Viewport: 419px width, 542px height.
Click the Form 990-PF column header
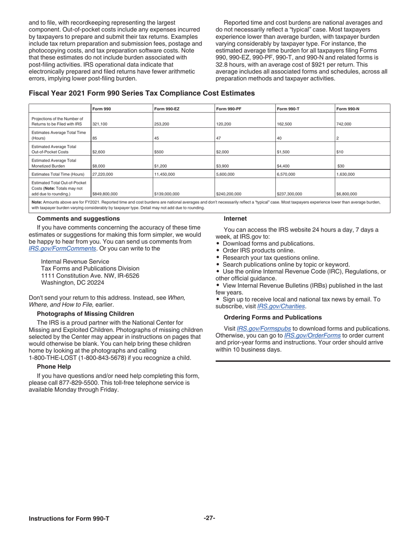click(228, 108)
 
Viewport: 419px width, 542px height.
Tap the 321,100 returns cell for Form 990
click(100, 124)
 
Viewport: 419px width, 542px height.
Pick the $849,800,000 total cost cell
click(105, 193)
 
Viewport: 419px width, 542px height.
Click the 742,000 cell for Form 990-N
click(344, 124)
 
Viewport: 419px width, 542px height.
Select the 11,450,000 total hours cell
click(165, 174)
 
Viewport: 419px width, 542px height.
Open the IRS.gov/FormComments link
click(62, 248)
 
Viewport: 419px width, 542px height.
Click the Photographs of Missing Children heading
click(86, 314)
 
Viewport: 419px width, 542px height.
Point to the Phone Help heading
click(54, 366)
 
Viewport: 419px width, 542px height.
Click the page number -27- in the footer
click(209, 518)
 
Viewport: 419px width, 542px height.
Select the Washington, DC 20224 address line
click(73, 282)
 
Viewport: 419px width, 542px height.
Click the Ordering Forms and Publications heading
click(273, 317)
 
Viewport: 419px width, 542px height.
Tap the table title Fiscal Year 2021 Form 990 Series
click(142, 93)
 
